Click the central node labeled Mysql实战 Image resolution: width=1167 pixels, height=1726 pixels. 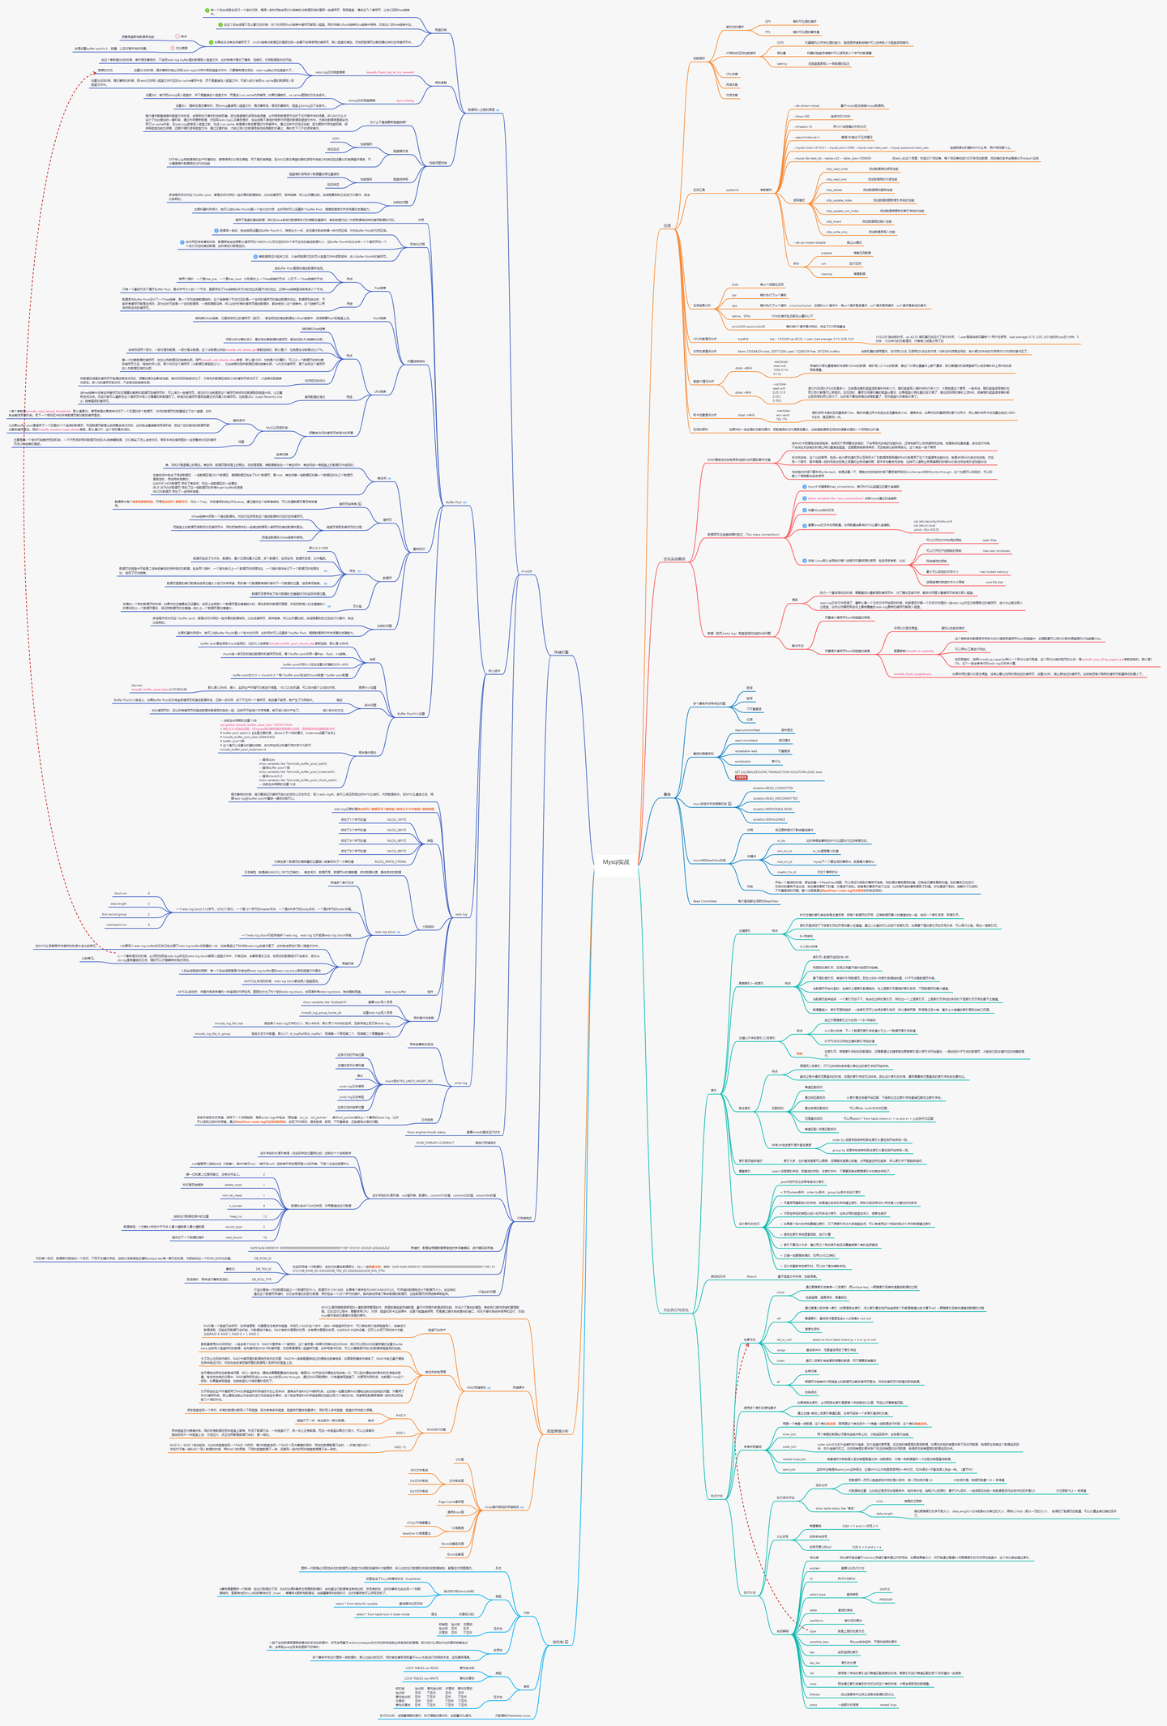coord(616,862)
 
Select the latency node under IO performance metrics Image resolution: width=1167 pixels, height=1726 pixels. coord(782,63)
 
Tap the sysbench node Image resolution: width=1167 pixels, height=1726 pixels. coord(732,190)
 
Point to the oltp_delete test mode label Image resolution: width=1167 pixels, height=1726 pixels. coord(834,190)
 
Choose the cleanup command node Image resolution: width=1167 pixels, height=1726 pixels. coord(827,274)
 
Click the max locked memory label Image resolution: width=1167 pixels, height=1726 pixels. coord(994,571)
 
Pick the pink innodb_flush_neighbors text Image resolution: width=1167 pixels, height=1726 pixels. coord(913,674)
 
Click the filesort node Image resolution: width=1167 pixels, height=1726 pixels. coord(751,1276)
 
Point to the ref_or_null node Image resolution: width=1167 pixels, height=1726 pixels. coord(784,1339)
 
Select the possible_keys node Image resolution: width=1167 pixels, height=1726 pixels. coord(819,1619)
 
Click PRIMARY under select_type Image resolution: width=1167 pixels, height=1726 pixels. coord(886,1577)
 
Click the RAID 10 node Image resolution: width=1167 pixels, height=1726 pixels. coord(400,1446)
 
